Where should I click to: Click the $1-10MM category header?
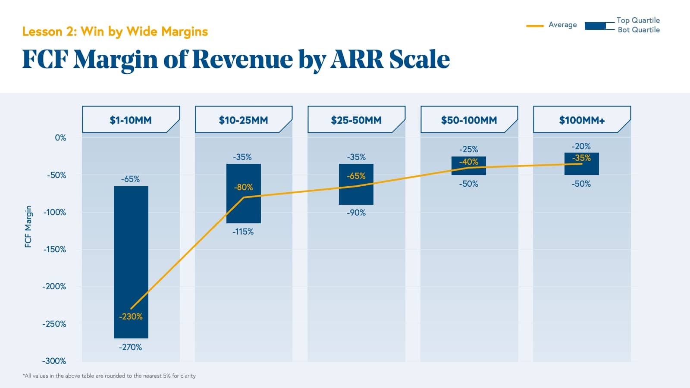click(x=131, y=120)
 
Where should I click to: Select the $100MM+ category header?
click(x=582, y=120)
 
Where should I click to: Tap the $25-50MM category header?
click(x=356, y=120)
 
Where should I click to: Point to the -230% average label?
click(x=131, y=316)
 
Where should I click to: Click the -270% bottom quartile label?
click(x=130, y=347)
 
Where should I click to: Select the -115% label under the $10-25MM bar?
click(x=243, y=232)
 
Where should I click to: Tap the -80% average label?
click(x=243, y=187)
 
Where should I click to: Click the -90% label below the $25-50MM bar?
click(x=356, y=213)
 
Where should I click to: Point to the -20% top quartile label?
click(x=581, y=146)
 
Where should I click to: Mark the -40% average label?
click(x=468, y=162)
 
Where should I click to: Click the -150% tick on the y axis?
click(x=55, y=249)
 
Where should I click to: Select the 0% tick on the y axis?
click(x=60, y=138)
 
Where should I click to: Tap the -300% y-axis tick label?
click(x=54, y=361)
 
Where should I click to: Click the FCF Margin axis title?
click(x=28, y=226)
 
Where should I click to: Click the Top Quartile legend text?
click(x=638, y=20)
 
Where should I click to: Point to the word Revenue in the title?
click(x=242, y=59)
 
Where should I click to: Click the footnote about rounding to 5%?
click(x=109, y=376)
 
